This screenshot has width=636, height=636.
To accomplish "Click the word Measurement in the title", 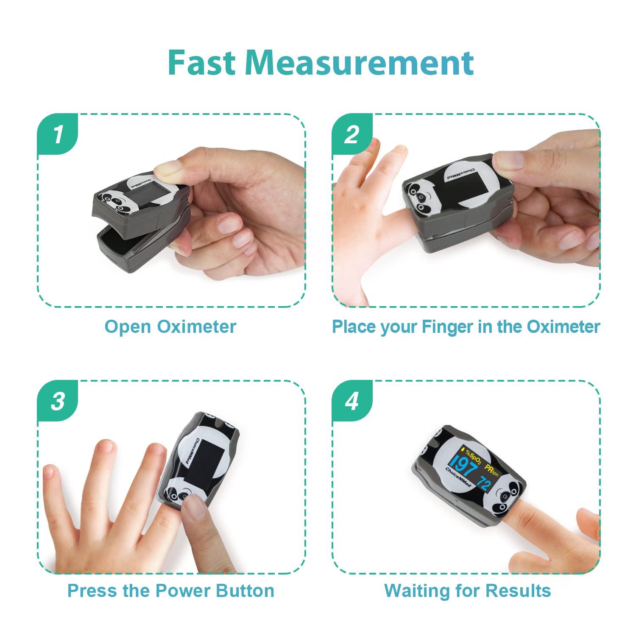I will click(x=360, y=63).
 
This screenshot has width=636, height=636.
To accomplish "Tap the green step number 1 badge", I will click(x=58, y=135).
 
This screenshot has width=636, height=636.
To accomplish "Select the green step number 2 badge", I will click(x=351, y=135).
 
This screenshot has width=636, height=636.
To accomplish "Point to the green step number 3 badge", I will click(x=58, y=401).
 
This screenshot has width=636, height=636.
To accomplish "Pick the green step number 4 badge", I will click(x=351, y=401).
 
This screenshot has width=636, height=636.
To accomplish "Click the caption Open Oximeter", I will click(x=170, y=327).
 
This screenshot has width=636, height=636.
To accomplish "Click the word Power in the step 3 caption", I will click(x=184, y=591).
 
